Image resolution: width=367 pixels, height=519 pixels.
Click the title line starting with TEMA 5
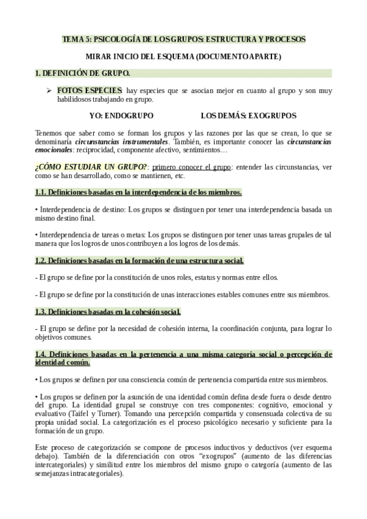pos(183,39)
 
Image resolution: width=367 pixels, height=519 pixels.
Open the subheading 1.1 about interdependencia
pos(138,192)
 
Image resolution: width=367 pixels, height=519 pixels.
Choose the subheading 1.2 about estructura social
pos(139,260)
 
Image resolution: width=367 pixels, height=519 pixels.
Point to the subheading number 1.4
pos(42,354)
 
